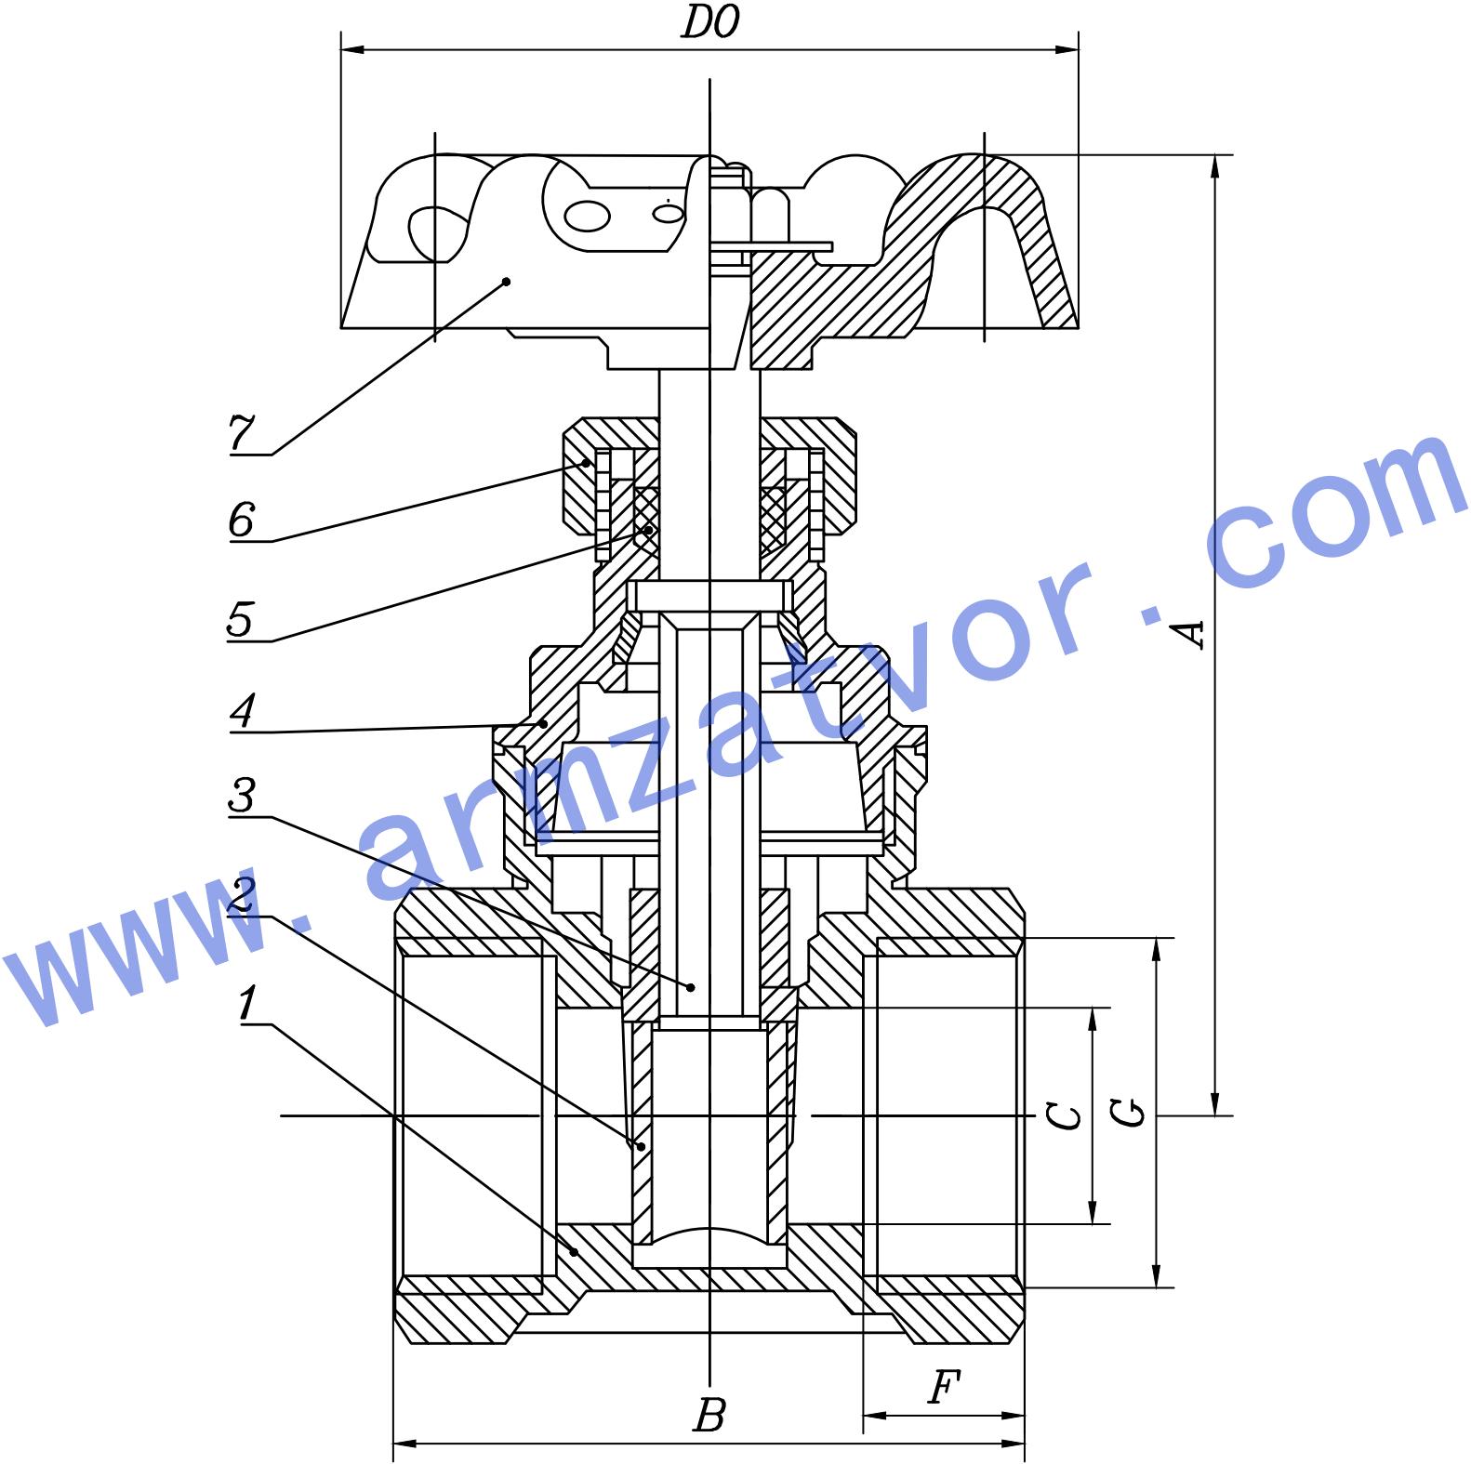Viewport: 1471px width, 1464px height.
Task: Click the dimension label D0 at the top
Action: pos(710,23)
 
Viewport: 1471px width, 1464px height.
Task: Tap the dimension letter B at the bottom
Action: pos(709,1415)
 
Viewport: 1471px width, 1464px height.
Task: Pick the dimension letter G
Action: pos(1128,1113)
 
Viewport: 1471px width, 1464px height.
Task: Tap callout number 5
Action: pos(240,618)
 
